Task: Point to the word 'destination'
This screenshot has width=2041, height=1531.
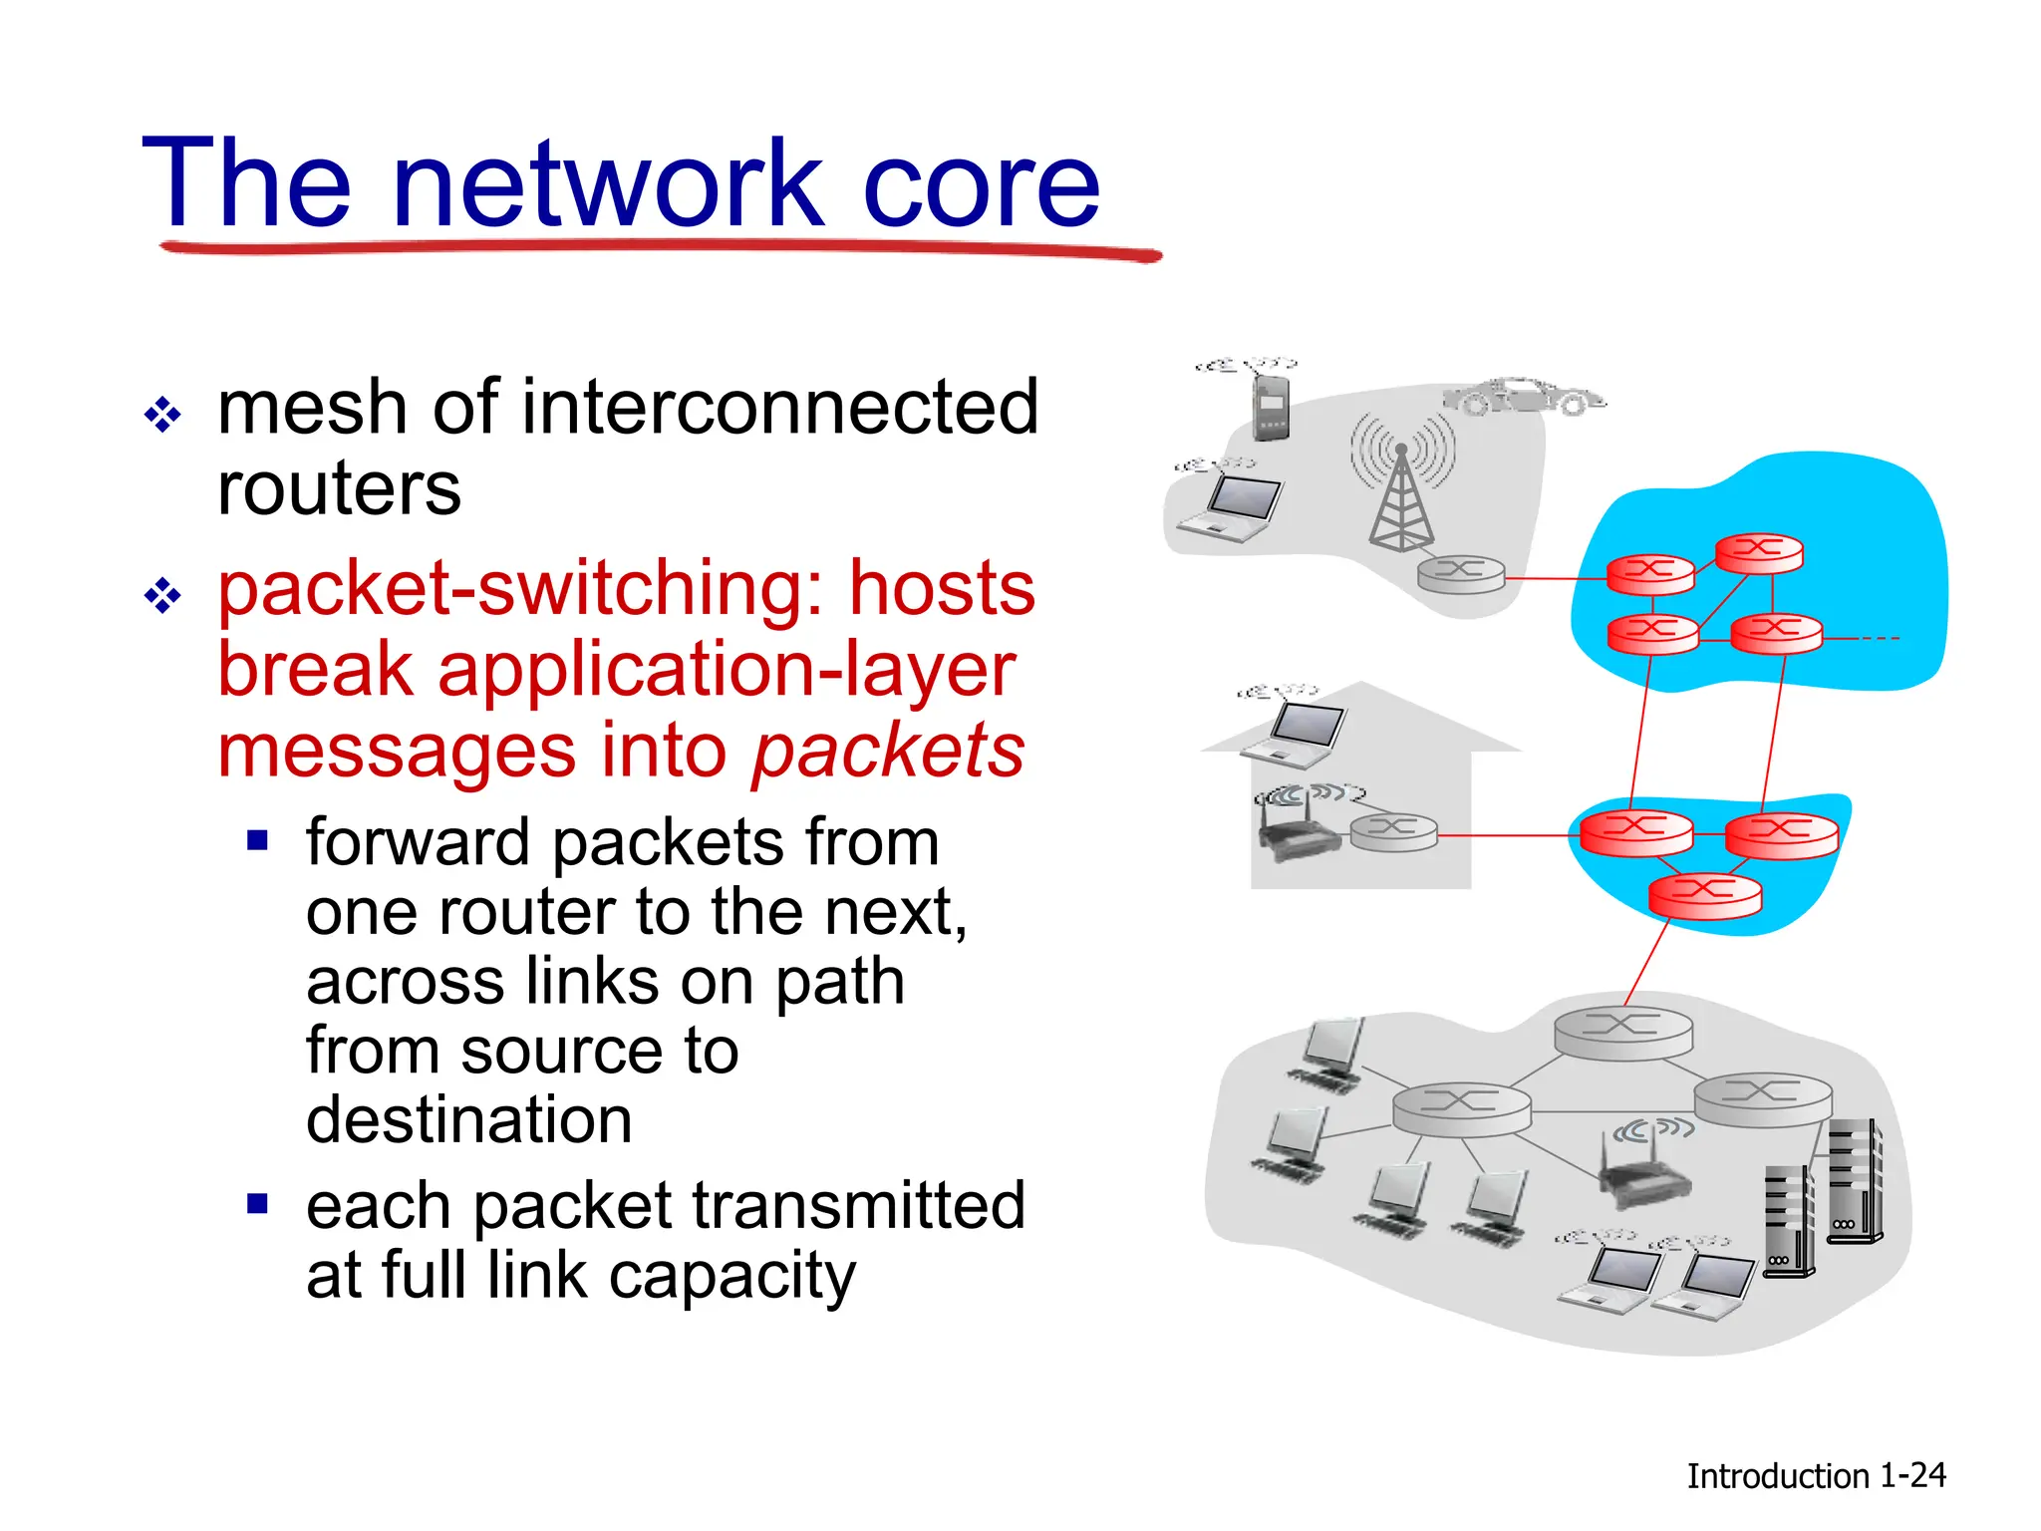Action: tap(468, 1120)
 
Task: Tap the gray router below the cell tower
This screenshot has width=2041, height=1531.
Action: tap(1461, 574)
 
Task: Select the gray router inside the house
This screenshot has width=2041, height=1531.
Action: tap(1393, 831)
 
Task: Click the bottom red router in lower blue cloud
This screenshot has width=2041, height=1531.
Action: tap(1704, 893)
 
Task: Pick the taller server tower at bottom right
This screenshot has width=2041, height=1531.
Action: tap(1854, 1181)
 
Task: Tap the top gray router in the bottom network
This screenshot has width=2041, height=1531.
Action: tap(1622, 1031)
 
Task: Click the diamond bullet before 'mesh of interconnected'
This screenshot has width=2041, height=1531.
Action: tap(162, 414)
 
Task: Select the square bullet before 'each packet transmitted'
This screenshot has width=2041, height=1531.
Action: tap(258, 1204)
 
